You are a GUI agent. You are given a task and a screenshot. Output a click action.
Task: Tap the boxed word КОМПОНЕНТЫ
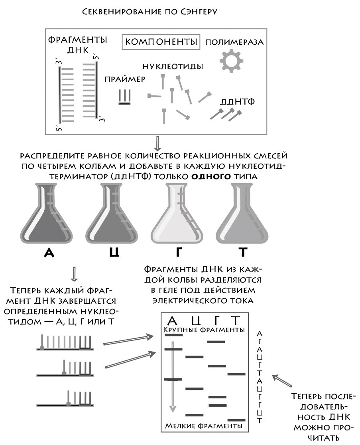tap(161, 42)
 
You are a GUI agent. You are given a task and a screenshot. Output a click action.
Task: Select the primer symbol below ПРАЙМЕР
tap(124, 97)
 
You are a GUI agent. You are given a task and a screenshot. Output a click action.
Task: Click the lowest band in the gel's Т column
tap(236, 420)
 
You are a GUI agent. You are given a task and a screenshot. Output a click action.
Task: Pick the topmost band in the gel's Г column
tap(216, 342)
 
